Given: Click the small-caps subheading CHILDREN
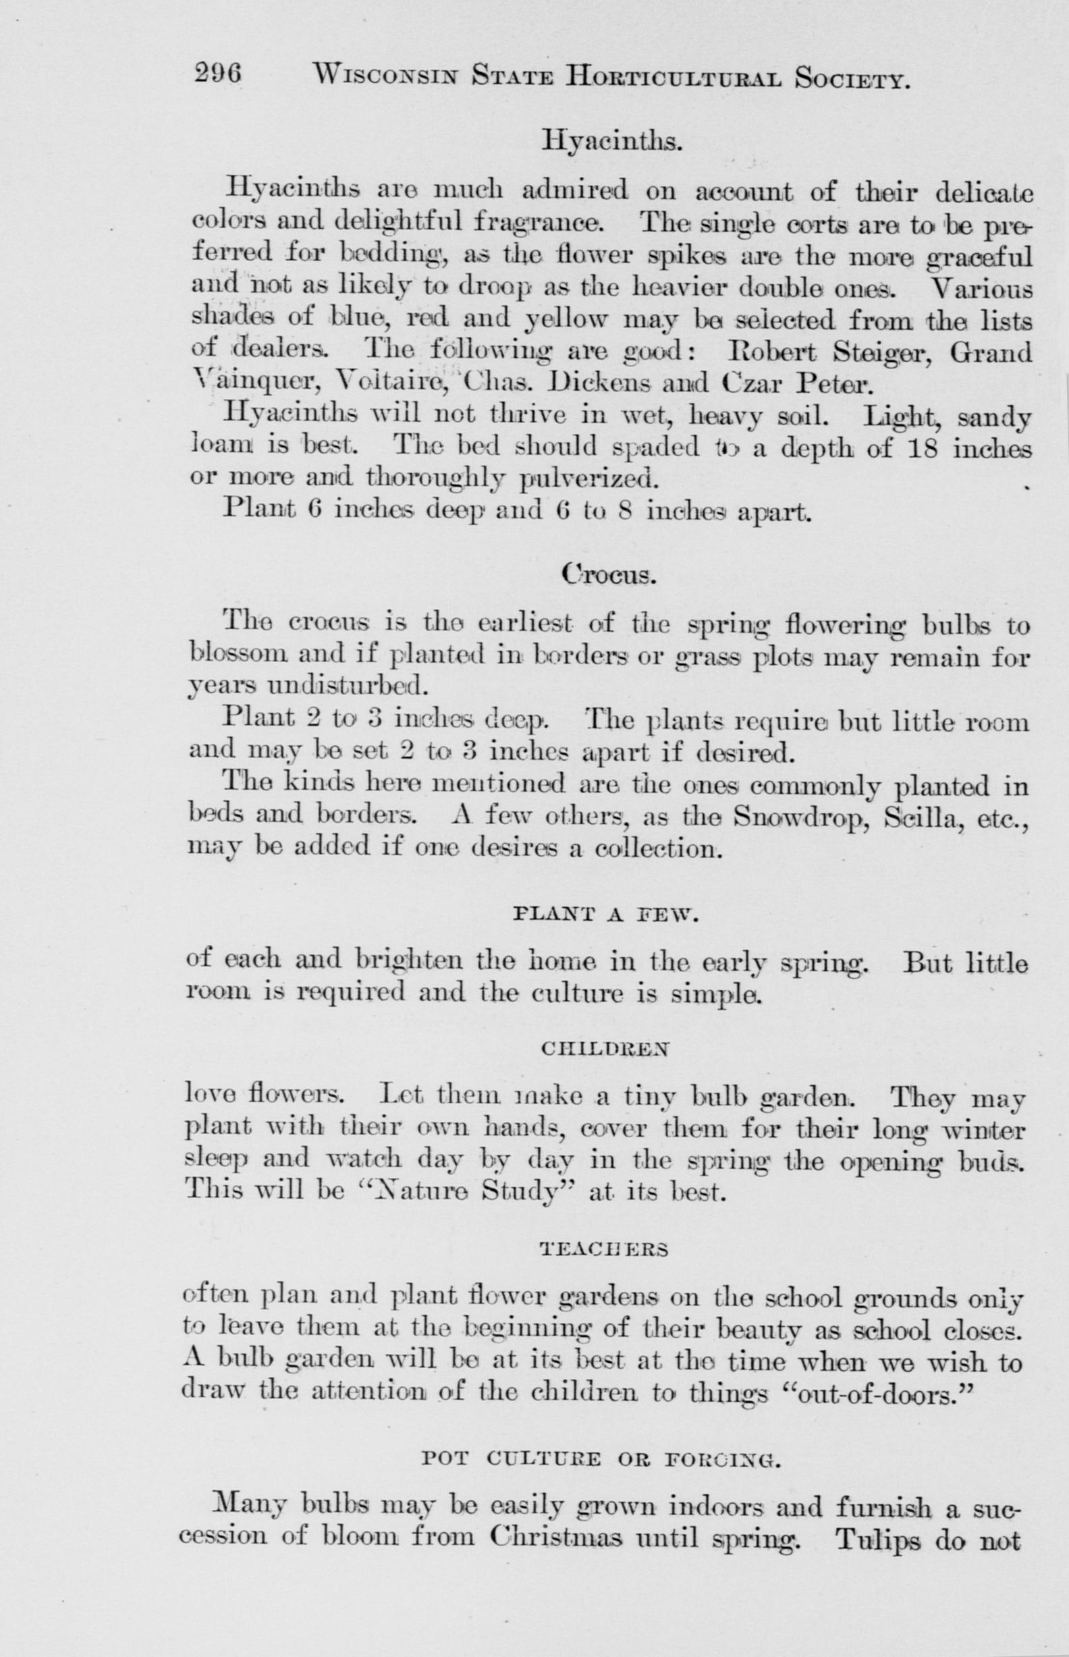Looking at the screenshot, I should pyautogui.click(x=604, y=1050).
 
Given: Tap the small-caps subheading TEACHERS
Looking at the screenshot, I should pyautogui.click(x=603, y=1250).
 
